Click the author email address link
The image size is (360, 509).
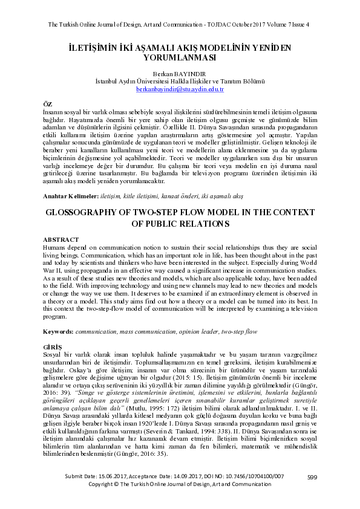180,89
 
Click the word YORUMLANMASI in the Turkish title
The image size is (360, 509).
180,58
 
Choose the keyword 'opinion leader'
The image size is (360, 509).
194,332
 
